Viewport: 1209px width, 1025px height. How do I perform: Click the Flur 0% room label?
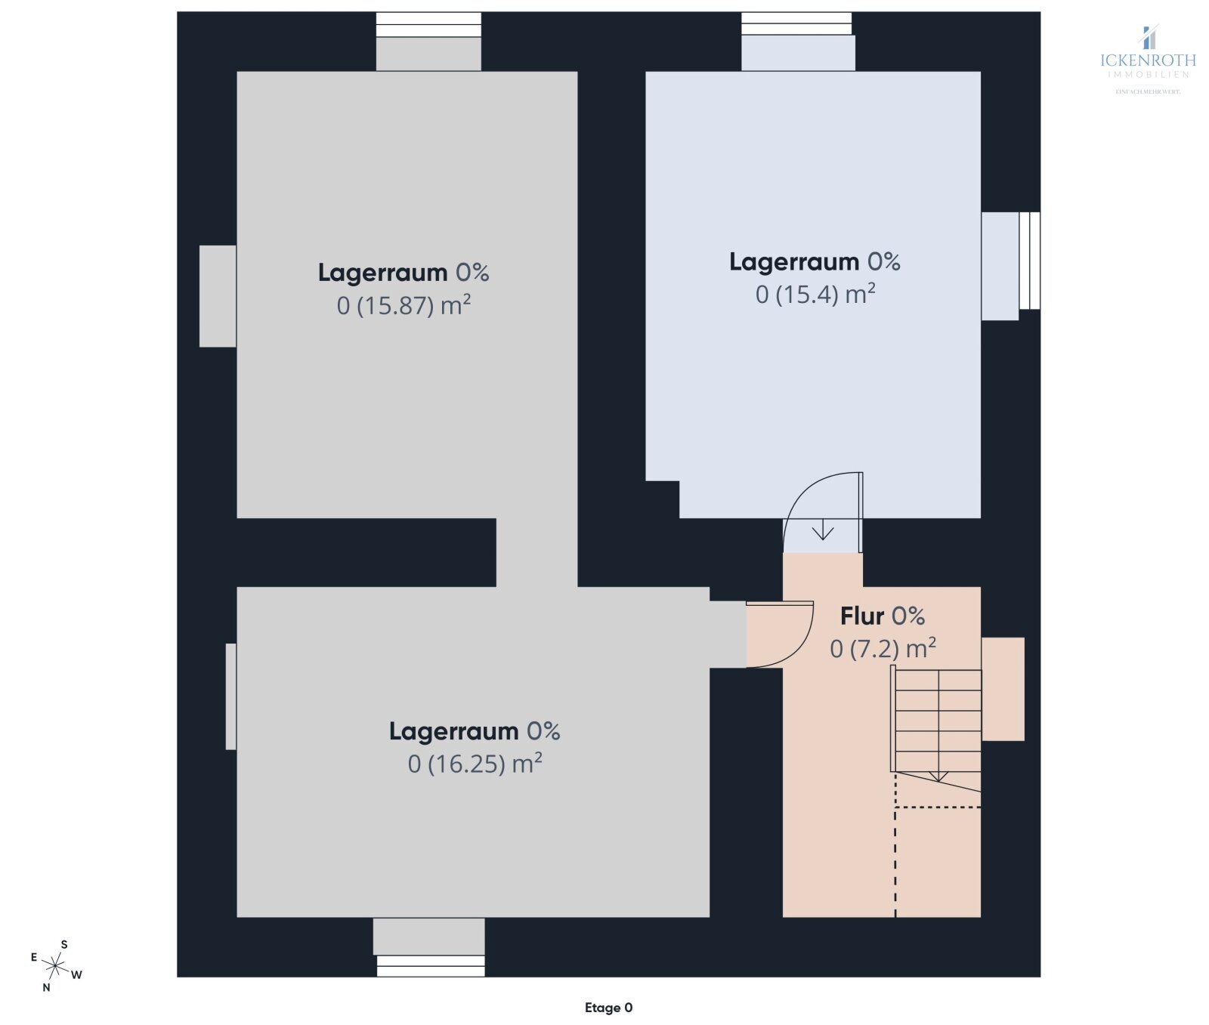pyautogui.click(x=882, y=616)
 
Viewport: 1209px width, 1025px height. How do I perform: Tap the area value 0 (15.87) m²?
pyautogui.click(x=404, y=306)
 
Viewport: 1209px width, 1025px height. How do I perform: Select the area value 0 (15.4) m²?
pyautogui.click(x=815, y=295)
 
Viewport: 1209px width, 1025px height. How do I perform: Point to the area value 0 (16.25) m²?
pyautogui.click(x=475, y=764)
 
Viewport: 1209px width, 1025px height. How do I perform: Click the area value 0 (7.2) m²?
pyautogui.click(x=882, y=649)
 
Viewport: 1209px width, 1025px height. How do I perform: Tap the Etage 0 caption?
pyautogui.click(x=608, y=1008)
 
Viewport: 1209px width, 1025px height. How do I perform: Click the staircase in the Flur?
pyautogui.click(x=937, y=721)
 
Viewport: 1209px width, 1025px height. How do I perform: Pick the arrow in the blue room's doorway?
pyautogui.click(x=822, y=532)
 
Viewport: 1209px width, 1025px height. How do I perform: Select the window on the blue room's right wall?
pyautogui.click(x=1029, y=261)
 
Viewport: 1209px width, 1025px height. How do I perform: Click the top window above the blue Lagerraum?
pyautogui.click(x=796, y=24)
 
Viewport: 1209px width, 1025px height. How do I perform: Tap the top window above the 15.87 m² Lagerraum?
pyautogui.click(x=428, y=25)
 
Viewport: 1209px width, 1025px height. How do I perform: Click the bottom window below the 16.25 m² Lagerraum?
pyautogui.click(x=431, y=966)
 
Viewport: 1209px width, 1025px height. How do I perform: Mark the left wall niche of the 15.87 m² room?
pyautogui.click(x=218, y=296)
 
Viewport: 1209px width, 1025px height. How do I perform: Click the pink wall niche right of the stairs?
pyautogui.click(x=1003, y=689)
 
